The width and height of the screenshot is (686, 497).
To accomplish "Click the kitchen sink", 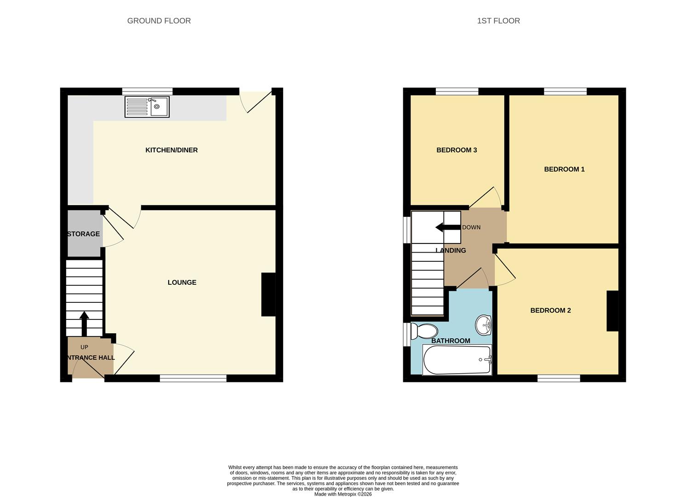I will click(147, 107).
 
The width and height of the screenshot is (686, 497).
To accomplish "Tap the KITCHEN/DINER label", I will click(171, 150).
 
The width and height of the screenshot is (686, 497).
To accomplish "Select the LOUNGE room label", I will click(182, 283).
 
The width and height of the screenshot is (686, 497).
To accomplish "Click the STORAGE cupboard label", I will click(83, 234).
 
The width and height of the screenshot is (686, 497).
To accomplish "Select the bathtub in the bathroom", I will click(457, 360).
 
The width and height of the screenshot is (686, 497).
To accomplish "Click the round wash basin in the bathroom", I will click(483, 325).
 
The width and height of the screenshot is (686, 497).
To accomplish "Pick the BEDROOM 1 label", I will click(564, 169).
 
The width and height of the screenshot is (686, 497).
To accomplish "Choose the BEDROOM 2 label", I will click(550, 311).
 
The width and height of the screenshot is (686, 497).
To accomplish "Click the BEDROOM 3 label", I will click(457, 150).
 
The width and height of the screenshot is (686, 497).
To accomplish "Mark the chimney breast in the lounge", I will click(269, 295).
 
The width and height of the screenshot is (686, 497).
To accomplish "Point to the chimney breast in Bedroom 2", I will click(612, 311).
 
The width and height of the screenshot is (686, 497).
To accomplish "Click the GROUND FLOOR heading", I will click(159, 21).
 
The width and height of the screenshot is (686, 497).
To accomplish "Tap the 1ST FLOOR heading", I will click(498, 21).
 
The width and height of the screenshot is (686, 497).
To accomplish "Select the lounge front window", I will click(193, 378).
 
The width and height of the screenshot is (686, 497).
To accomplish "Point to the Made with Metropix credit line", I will click(343, 494).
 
